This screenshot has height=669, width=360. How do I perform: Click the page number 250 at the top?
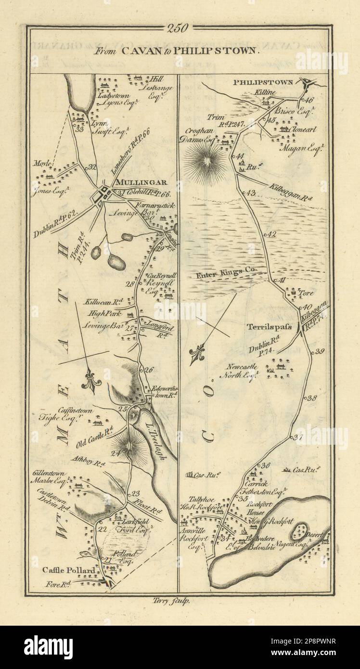tap(179, 28)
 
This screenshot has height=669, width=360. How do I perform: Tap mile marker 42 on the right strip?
tap(272, 234)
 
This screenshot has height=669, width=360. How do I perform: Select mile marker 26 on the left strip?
tap(148, 370)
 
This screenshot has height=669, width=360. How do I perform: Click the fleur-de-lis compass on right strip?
tap(198, 355)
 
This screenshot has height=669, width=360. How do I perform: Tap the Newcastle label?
tap(237, 365)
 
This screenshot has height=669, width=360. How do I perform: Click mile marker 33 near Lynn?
tap(79, 129)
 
